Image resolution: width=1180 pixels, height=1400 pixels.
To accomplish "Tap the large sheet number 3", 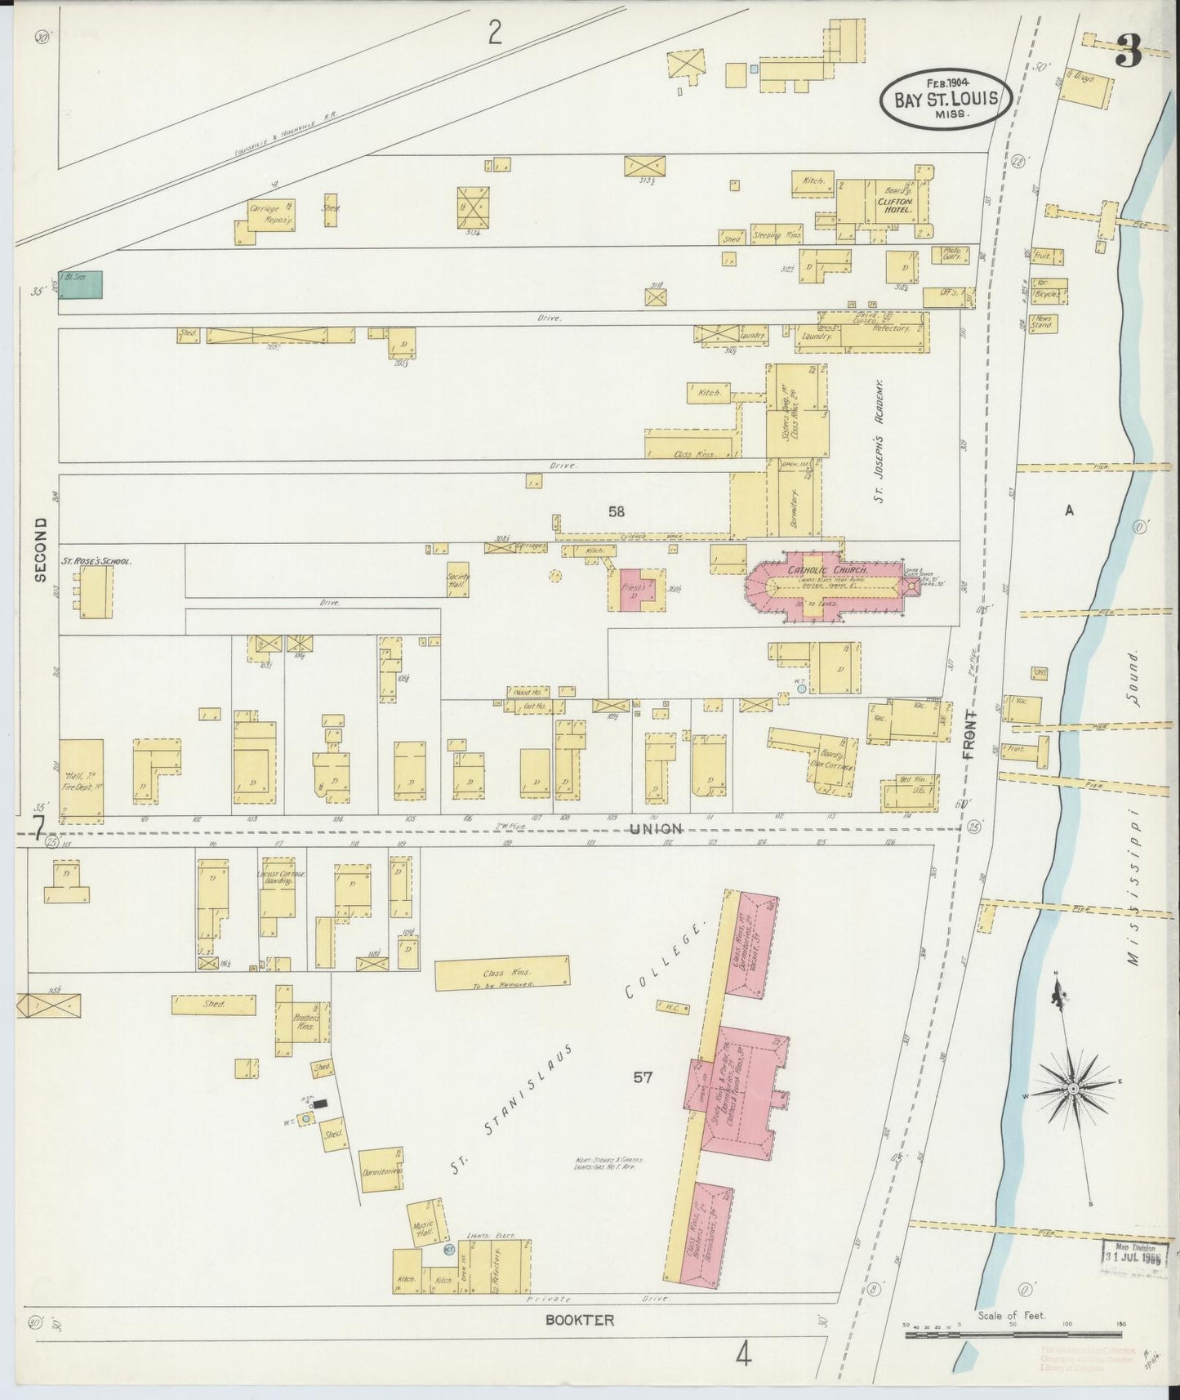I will pos(1129,53).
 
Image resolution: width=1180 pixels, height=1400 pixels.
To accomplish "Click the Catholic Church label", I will pos(826,569).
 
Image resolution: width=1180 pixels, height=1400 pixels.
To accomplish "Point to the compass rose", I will pos(1072,1090).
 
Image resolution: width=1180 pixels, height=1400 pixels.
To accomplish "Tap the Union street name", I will pos(655,828).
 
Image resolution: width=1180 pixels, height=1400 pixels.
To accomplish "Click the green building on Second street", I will pos(80,284).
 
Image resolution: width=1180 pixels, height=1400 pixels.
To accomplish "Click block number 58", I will pos(616,511).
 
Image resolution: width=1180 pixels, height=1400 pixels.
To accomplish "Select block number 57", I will pos(643,1077).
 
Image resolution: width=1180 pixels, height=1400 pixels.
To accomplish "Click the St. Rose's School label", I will pos(96,562).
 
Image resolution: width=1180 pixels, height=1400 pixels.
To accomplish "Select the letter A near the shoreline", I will pos(1067,511).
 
